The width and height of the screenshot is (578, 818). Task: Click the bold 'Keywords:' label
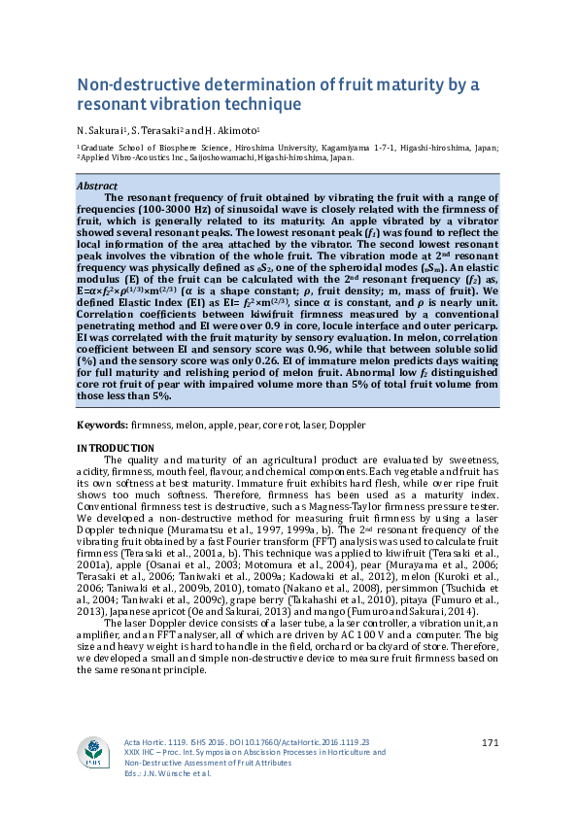(x=101, y=426)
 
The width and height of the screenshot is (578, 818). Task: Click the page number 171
(x=490, y=743)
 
